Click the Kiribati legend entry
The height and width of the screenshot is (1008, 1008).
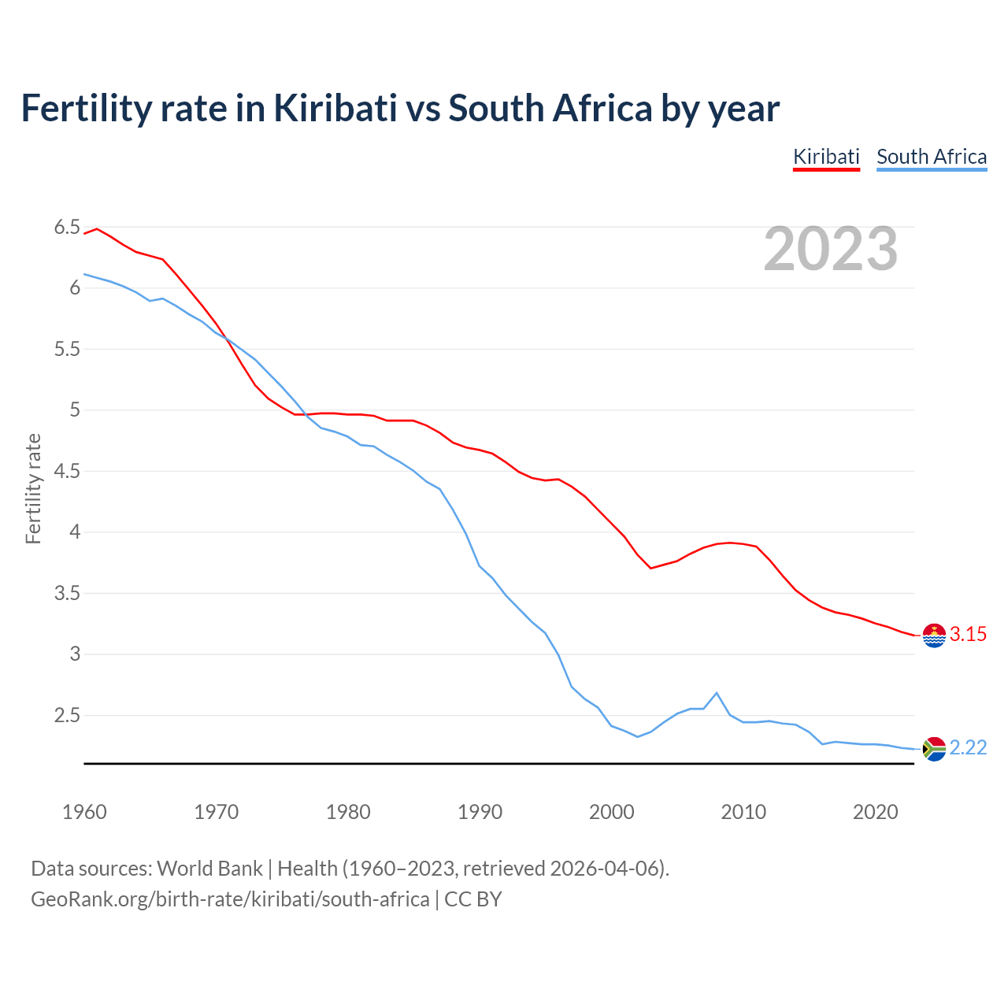tap(826, 157)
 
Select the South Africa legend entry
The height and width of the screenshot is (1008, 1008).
tap(932, 157)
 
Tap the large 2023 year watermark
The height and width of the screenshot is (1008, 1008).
tap(831, 249)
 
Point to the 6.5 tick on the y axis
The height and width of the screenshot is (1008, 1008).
tap(67, 228)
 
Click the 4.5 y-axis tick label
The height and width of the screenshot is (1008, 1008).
tap(67, 471)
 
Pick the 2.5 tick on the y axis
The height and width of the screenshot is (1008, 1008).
tap(67, 715)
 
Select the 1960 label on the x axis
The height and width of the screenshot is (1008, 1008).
tap(84, 812)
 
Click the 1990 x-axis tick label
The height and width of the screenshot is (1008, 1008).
tap(480, 812)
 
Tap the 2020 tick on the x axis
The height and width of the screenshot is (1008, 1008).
tap(875, 812)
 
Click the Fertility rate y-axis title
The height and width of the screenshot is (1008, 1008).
tap(33, 488)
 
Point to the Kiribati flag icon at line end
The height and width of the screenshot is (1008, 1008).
tap(934, 635)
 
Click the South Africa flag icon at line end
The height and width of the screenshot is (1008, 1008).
tap(934, 748)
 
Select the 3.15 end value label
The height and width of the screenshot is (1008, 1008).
tap(968, 635)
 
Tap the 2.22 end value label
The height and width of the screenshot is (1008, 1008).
tap(968, 748)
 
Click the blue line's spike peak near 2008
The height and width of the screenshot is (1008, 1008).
tap(716, 693)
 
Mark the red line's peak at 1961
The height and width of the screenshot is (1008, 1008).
tap(97, 228)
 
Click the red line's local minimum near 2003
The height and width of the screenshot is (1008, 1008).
tap(651, 568)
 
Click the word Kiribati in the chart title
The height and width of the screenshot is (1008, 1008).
tap(335, 108)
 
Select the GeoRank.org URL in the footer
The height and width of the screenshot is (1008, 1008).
tap(230, 899)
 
